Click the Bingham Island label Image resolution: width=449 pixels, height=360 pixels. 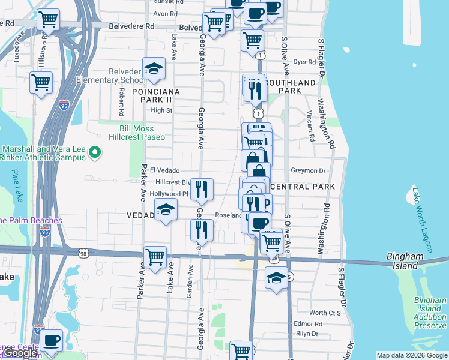[x=406, y=261]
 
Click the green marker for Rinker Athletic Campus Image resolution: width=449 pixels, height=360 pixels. [x=94, y=154]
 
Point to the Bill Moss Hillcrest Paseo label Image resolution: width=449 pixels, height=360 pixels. [x=137, y=133]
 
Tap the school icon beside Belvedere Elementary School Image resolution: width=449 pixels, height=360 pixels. [x=154, y=70]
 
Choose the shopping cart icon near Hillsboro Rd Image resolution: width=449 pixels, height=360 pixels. [x=49, y=20]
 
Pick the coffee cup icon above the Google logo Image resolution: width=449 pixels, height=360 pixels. [x=52, y=341]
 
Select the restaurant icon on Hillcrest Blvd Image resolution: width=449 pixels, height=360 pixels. [x=203, y=189]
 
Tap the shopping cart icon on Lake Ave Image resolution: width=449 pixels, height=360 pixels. [x=155, y=257]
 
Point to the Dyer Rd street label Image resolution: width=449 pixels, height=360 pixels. [x=304, y=61]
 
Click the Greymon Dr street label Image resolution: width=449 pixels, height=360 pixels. [x=307, y=170]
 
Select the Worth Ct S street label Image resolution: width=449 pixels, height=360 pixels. [x=325, y=313]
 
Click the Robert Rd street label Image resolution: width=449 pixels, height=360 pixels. [x=121, y=102]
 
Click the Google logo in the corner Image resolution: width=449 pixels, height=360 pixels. [x=20, y=353]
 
